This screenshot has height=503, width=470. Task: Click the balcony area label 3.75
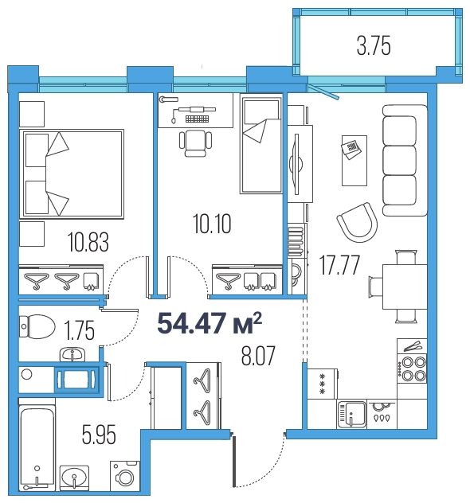[374, 46]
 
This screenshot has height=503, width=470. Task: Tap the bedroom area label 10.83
[88, 242]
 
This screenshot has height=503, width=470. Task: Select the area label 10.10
[212, 224]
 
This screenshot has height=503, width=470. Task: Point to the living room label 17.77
[339, 265]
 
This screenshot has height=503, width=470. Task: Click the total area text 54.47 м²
[210, 323]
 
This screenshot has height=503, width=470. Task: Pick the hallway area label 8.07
[258, 356]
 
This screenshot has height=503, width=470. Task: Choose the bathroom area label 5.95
[99, 435]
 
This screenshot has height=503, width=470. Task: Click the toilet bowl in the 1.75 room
[37, 326]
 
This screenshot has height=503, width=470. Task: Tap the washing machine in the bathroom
[125, 476]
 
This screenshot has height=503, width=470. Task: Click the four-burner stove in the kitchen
[412, 368]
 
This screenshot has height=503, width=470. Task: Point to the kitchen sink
[352, 415]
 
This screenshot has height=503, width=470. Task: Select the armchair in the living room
[358, 222]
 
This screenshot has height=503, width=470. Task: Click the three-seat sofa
[405, 160]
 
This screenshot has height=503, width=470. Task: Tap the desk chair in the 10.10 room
[195, 143]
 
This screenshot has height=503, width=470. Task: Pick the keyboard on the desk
[197, 119]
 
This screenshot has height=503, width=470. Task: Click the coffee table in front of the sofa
[354, 161]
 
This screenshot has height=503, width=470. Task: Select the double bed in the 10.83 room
[72, 174]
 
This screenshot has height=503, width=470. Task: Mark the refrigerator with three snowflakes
[323, 384]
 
